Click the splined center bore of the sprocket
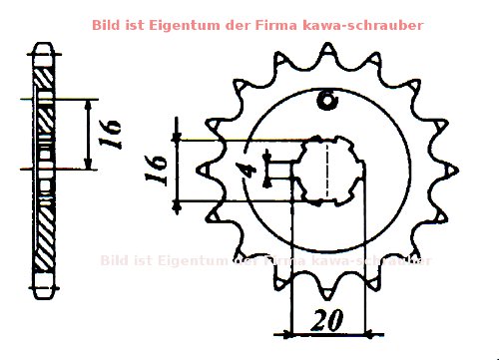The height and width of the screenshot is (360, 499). click(328, 169)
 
